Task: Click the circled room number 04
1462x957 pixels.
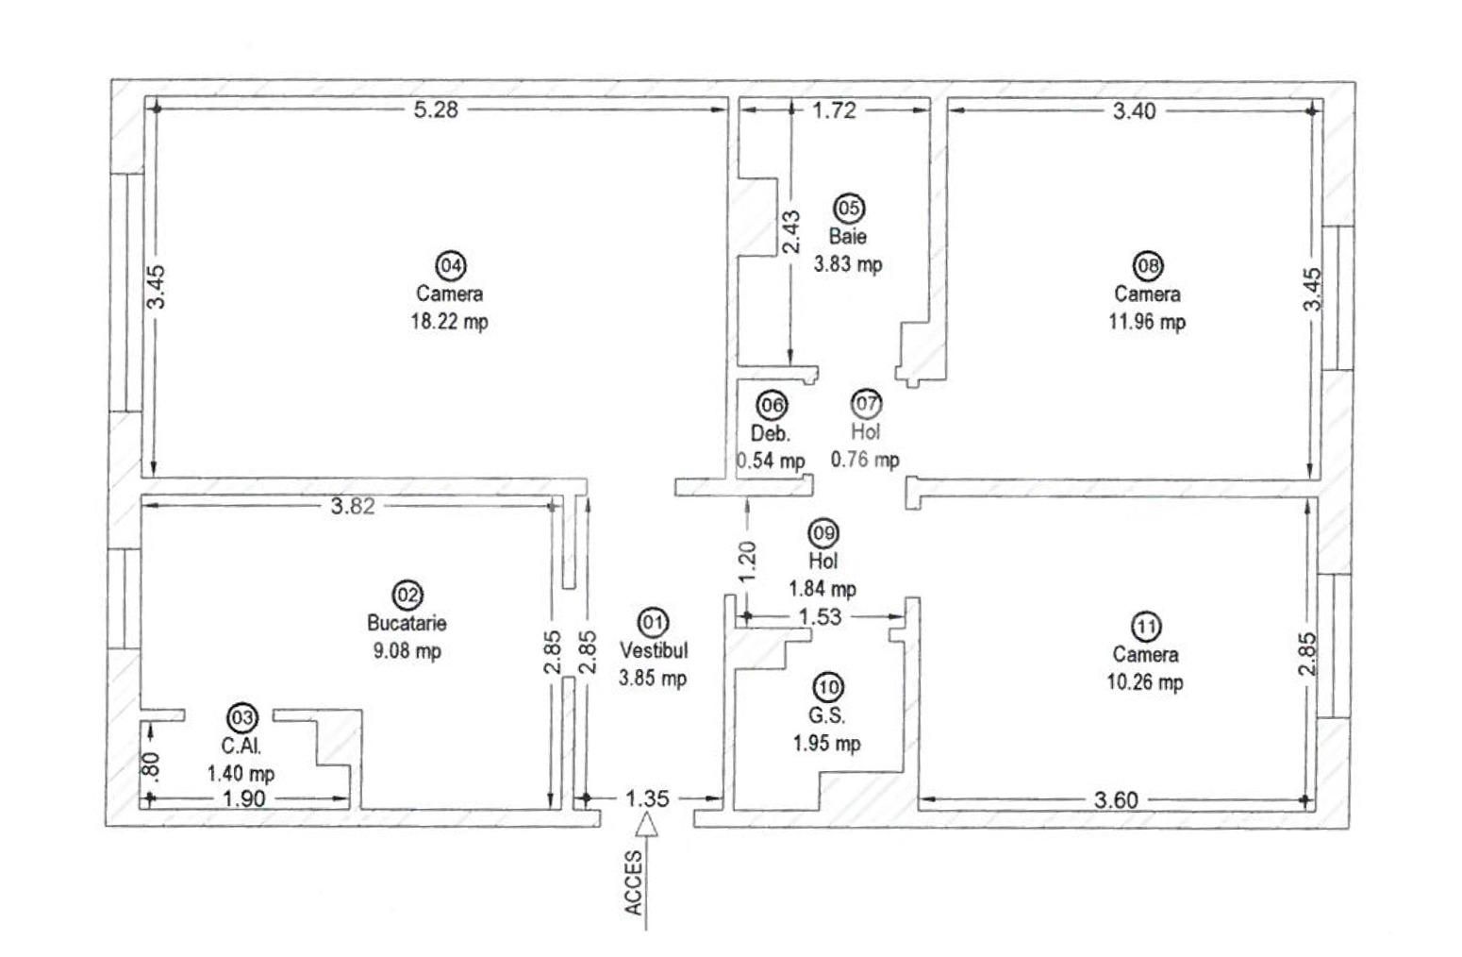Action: pyautogui.click(x=451, y=265)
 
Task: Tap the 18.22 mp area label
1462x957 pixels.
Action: pyautogui.click(x=449, y=321)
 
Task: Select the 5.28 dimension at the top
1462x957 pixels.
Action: pyautogui.click(x=436, y=109)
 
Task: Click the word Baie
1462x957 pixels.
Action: pyautogui.click(x=847, y=236)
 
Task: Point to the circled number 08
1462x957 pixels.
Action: pyautogui.click(x=1148, y=266)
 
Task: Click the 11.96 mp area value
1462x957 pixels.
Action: pyautogui.click(x=1147, y=322)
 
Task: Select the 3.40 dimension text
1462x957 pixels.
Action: pyautogui.click(x=1134, y=110)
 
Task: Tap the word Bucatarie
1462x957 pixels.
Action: pyautogui.click(x=407, y=623)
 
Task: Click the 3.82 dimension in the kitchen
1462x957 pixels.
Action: pyautogui.click(x=353, y=506)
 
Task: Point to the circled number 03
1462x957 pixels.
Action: pyautogui.click(x=242, y=717)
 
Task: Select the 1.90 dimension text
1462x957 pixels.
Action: pyautogui.click(x=243, y=799)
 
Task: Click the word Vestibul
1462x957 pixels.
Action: pyautogui.click(x=654, y=650)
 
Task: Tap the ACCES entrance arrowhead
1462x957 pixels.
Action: pyautogui.click(x=646, y=824)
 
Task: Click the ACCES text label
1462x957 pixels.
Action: pyautogui.click(x=634, y=882)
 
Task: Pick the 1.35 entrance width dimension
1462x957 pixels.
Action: pyautogui.click(x=647, y=798)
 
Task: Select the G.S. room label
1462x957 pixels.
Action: pyautogui.click(x=827, y=715)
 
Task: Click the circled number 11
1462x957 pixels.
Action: pyautogui.click(x=1145, y=627)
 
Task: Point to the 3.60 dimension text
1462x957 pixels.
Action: pyautogui.click(x=1116, y=800)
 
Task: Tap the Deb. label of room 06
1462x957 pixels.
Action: pyautogui.click(x=770, y=433)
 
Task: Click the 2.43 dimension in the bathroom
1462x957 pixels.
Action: pyautogui.click(x=790, y=231)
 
